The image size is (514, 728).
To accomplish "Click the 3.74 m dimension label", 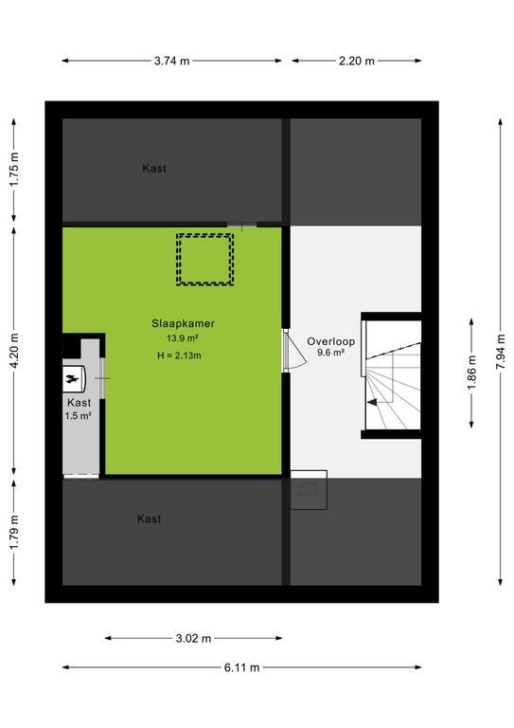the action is pyautogui.click(x=172, y=61).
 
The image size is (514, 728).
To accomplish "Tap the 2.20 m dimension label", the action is pyautogui.click(x=357, y=61).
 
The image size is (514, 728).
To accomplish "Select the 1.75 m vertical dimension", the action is pyautogui.click(x=14, y=170).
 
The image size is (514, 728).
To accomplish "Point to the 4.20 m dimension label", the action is pyautogui.click(x=14, y=351).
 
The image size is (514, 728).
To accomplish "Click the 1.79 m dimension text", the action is pyautogui.click(x=14, y=532).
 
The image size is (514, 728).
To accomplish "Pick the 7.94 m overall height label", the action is pyautogui.click(x=501, y=352).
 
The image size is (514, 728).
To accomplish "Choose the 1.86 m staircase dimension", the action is pyautogui.click(x=471, y=373).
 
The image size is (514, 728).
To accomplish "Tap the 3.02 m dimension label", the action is pyautogui.click(x=193, y=638).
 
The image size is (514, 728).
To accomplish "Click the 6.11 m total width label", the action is pyautogui.click(x=242, y=667).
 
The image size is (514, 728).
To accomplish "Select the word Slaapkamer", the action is pyautogui.click(x=183, y=323).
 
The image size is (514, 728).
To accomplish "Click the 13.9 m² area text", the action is pyautogui.click(x=183, y=338).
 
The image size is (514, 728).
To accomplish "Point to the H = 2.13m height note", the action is pyautogui.click(x=179, y=355).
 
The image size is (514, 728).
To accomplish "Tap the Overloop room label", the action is pyautogui.click(x=331, y=341).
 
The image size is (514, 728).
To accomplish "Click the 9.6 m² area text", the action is pyautogui.click(x=330, y=353).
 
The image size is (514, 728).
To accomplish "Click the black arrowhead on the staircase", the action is pyautogui.click(x=372, y=403).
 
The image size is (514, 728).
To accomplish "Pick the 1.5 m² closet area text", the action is pyautogui.click(x=78, y=416).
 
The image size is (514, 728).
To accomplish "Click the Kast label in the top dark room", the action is pyautogui.click(x=154, y=169).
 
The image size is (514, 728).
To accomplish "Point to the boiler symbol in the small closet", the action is pyautogui.click(x=74, y=379).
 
